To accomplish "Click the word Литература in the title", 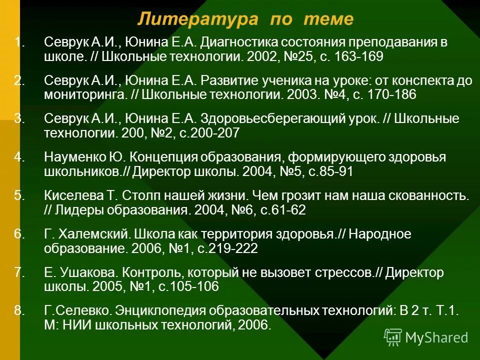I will coord(198,19).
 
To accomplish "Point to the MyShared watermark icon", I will coord(392,337).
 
